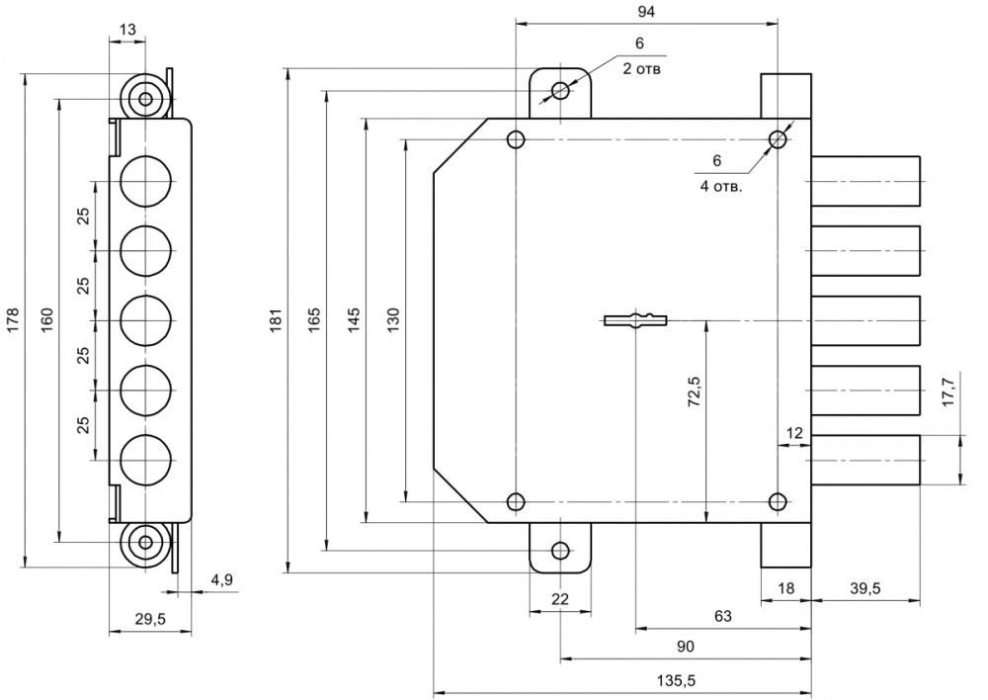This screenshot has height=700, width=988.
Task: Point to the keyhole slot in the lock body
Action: pos(635,318)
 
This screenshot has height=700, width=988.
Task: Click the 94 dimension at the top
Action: pos(648,11)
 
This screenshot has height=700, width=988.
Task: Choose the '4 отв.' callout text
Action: pos(721,184)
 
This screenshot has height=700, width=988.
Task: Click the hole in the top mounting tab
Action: pos(561,91)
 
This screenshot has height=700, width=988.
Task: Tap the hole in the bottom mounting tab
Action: pos(561,550)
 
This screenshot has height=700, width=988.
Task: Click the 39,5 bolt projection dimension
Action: pos(864,588)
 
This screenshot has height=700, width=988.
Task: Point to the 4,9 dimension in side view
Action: pos(220,580)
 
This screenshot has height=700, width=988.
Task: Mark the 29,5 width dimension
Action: pos(149,619)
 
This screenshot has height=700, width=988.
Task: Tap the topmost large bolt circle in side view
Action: pos(145,181)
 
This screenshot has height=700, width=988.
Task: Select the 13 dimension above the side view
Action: pos(127,31)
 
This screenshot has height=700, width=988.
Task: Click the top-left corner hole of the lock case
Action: pos(515,138)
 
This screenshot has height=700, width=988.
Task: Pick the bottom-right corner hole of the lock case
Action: pos(778,501)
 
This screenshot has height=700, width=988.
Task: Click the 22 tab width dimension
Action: pos(560,599)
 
